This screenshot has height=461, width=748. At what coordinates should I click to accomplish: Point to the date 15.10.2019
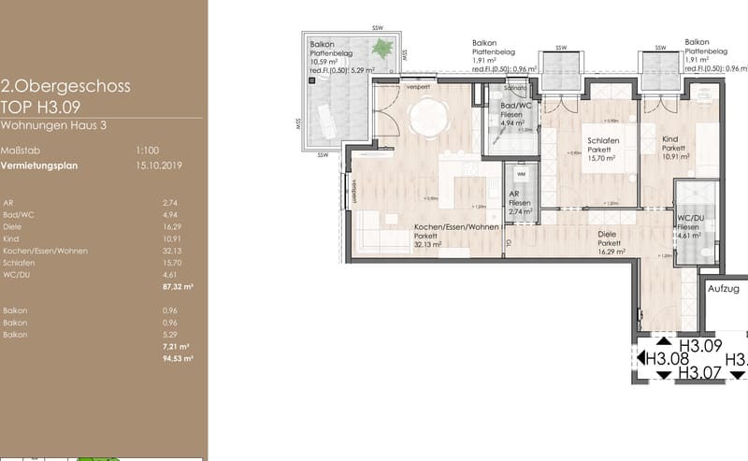(156, 166)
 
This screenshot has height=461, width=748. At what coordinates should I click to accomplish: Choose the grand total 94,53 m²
(178, 358)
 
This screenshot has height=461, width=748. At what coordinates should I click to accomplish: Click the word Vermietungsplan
(39, 166)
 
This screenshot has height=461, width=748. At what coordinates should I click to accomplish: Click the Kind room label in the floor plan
(670, 137)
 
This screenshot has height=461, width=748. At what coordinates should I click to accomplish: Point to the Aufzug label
(723, 290)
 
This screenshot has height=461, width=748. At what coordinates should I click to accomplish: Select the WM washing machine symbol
(521, 174)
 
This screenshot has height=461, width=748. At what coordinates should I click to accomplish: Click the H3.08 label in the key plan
(668, 358)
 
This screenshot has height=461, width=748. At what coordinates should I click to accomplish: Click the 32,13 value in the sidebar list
(171, 252)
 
